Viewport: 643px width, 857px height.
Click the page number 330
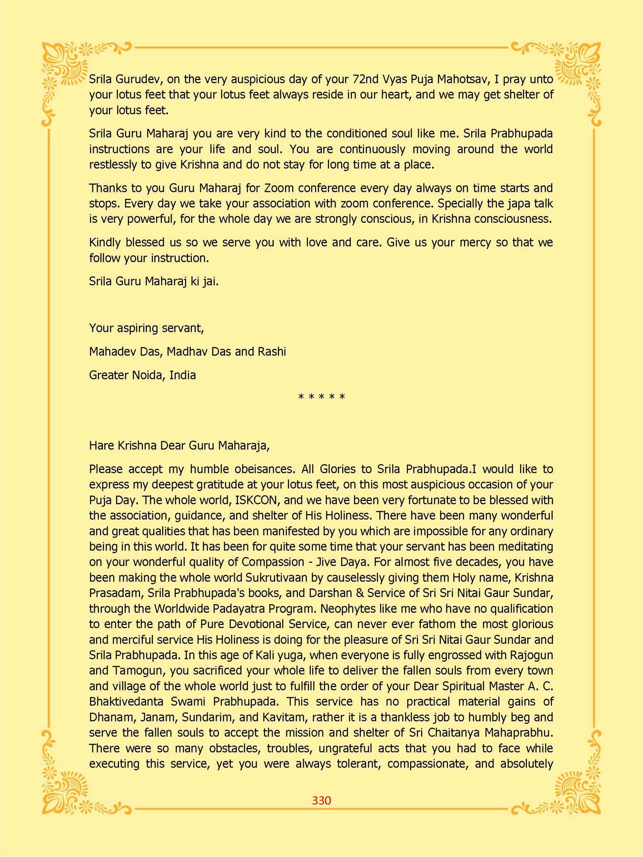(x=321, y=800)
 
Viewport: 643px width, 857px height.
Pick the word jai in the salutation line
(x=210, y=281)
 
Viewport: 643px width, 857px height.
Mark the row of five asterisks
(x=321, y=397)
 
